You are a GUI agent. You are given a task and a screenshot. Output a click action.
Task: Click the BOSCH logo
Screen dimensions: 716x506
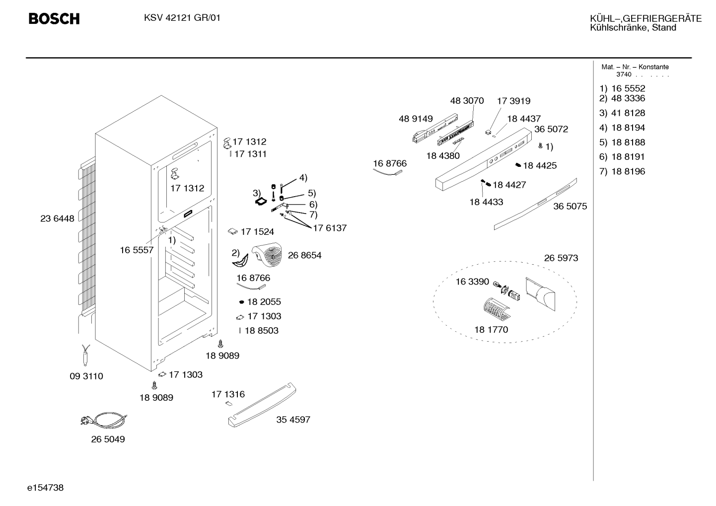tap(54, 19)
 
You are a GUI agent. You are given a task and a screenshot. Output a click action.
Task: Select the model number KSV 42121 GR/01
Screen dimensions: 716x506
tap(182, 18)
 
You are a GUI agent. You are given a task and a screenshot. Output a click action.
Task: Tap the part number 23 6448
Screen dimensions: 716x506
tap(57, 218)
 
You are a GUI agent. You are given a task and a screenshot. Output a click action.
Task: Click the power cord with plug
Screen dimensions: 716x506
tap(104, 419)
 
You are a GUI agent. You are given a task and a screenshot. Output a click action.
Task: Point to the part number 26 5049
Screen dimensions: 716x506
tap(108, 439)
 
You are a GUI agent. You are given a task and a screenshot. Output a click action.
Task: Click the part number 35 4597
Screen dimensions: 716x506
tap(293, 420)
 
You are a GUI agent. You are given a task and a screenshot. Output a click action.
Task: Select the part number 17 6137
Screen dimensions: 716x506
tap(330, 228)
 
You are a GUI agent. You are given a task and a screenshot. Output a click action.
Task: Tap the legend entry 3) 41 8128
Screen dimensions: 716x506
tap(622, 113)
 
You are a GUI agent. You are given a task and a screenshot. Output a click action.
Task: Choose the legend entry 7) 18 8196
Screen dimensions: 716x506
tap(622, 171)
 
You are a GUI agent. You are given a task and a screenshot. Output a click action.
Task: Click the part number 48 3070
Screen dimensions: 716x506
tap(467, 101)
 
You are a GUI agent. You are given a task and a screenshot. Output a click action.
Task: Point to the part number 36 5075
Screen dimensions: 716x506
tap(570, 206)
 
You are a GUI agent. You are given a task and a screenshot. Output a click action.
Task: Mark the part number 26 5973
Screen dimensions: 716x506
tap(561, 258)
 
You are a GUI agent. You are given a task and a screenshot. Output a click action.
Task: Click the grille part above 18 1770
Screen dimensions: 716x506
tap(497, 309)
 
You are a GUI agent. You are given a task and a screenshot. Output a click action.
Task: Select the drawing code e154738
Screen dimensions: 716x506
tap(45, 488)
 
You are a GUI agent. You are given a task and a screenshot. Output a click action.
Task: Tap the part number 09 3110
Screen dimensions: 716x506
tap(86, 376)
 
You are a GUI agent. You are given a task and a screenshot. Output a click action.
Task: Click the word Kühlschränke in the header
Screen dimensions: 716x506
tap(619, 27)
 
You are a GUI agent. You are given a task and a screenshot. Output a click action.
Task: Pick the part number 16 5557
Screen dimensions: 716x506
tap(137, 250)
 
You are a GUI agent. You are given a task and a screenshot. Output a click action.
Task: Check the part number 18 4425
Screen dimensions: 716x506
tap(540, 165)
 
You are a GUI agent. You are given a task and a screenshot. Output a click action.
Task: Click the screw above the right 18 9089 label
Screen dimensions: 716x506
tap(220, 344)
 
